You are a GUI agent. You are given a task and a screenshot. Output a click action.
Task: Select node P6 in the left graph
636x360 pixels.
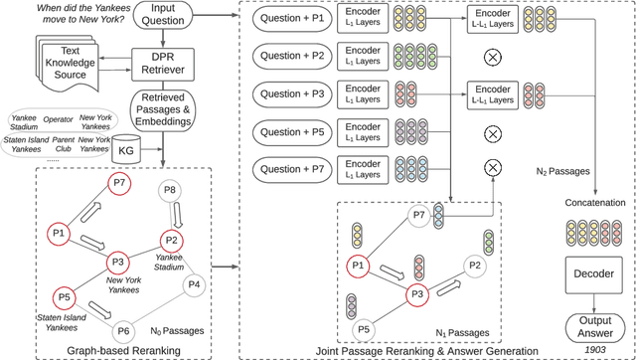(x=124, y=331)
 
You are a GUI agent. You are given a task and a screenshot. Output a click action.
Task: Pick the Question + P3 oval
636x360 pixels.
(x=294, y=93)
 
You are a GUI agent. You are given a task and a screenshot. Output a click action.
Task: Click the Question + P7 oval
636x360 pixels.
(x=294, y=167)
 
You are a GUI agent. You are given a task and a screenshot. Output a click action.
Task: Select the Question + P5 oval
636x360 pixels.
(x=294, y=130)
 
